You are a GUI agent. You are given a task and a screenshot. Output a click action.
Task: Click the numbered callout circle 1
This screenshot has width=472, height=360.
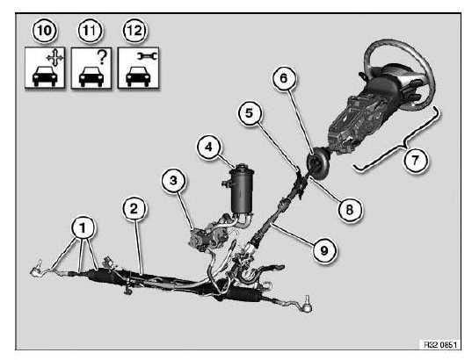click(x=83, y=227)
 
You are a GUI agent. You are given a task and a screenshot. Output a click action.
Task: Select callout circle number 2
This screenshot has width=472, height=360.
click(x=134, y=208)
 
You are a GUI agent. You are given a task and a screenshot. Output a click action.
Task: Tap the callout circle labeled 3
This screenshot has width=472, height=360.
click(x=173, y=181)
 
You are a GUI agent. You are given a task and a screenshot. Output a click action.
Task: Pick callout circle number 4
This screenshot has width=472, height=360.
click(x=208, y=147)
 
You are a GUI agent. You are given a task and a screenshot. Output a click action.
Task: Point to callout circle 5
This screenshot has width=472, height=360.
click(x=250, y=113)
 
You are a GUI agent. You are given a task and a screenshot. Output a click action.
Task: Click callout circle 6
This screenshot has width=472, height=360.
click(x=284, y=78)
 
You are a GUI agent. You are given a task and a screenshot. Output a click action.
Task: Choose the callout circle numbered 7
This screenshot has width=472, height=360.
click(x=415, y=160)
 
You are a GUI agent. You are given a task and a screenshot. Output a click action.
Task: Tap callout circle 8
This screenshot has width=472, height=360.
click(x=349, y=210)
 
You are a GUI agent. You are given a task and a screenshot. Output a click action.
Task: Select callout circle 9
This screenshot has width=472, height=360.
click(x=324, y=250)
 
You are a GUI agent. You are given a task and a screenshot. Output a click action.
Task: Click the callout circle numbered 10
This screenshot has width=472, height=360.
click(x=45, y=31)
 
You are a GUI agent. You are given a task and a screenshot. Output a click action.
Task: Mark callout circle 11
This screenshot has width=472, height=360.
click(x=90, y=31)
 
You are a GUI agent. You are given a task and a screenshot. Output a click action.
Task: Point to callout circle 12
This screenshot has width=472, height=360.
click(x=134, y=31)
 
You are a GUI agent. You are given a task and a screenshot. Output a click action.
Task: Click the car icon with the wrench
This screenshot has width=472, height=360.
click(x=138, y=68)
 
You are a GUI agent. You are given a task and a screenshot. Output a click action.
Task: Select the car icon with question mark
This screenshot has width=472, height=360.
click(x=91, y=68)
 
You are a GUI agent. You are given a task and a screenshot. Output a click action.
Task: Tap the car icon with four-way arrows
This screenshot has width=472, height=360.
click(x=45, y=68)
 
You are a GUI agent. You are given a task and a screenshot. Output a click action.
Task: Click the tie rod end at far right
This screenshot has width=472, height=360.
click(x=306, y=305)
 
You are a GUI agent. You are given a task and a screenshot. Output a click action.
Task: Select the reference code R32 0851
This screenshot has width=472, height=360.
click(x=440, y=344)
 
